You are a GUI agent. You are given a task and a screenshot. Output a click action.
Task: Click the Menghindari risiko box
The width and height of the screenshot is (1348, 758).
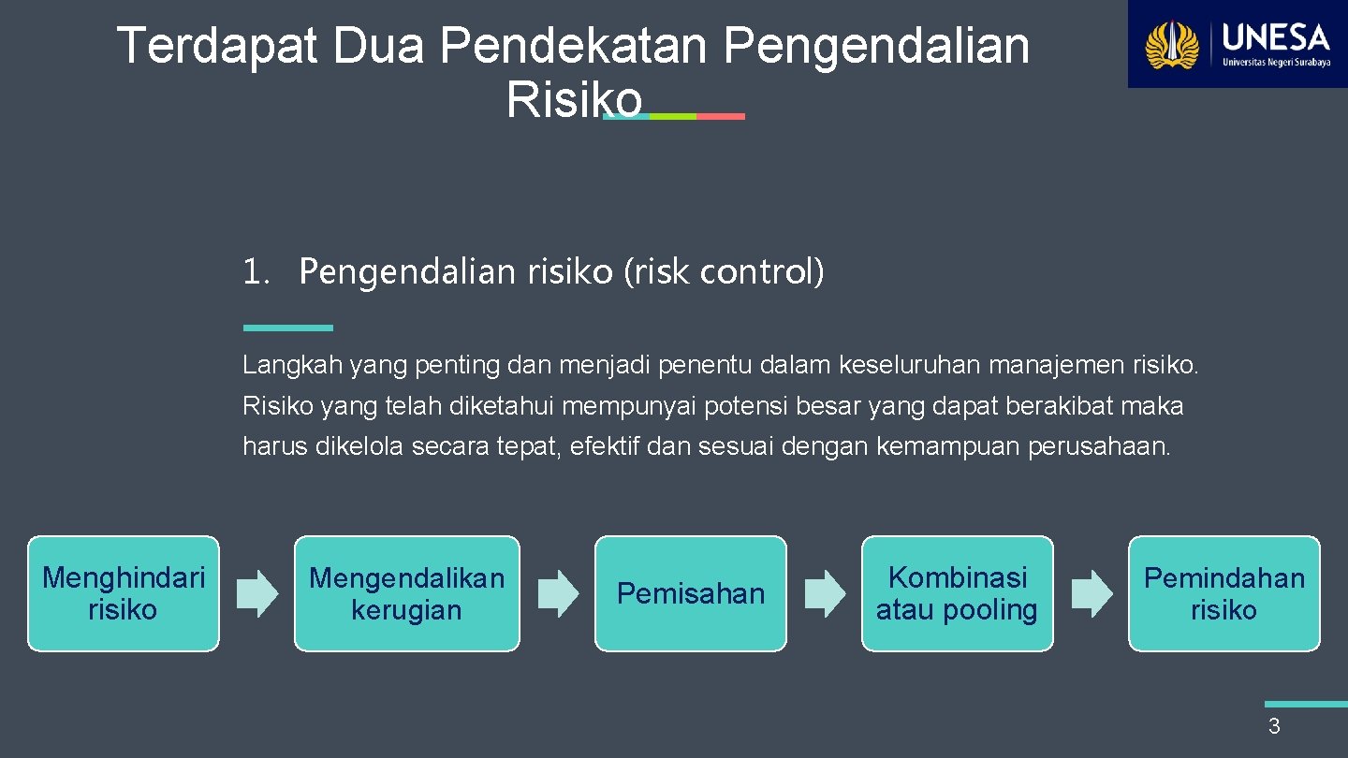[x=123, y=593]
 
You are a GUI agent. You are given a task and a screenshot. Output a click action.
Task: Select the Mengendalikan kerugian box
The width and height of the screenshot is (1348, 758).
[x=406, y=593]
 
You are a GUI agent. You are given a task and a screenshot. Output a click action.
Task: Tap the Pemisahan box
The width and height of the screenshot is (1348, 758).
[x=691, y=593]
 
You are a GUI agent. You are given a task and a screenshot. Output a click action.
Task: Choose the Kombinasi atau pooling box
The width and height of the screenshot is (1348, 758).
[x=957, y=593]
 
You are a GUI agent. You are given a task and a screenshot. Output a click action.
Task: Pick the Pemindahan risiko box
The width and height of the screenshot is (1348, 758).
[x=1223, y=593]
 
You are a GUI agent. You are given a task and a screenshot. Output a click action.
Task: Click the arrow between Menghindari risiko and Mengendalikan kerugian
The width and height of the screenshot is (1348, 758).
[x=257, y=593]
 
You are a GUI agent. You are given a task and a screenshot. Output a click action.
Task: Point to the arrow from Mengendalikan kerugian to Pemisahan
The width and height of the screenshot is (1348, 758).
[x=559, y=593]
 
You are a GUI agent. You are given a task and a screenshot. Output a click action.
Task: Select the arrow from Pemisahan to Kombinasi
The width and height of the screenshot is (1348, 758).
[x=825, y=593]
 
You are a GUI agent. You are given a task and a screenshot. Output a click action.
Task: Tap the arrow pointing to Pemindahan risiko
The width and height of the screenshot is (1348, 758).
[x=1092, y=593]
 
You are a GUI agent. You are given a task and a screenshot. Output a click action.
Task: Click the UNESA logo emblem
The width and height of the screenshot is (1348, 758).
[x=1173, y=45]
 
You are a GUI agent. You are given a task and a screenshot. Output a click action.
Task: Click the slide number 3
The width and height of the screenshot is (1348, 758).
[x=1274, y=726]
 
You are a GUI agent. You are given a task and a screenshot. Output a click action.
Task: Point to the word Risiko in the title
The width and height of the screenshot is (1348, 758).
[x=574, y=99]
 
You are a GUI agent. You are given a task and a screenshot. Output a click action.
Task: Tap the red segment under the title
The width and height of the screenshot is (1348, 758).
[x=721, y=116]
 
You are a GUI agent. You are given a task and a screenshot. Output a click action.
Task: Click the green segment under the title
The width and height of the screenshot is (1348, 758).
[x=673, y=116]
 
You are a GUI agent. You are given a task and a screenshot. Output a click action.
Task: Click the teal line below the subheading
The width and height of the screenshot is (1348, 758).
[x=287, y=328]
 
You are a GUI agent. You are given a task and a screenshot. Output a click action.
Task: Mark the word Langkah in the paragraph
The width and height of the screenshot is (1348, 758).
[x=292, y=366]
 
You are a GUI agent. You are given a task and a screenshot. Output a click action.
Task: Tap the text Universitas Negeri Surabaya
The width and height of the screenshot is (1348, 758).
[x=1276, y=62]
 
